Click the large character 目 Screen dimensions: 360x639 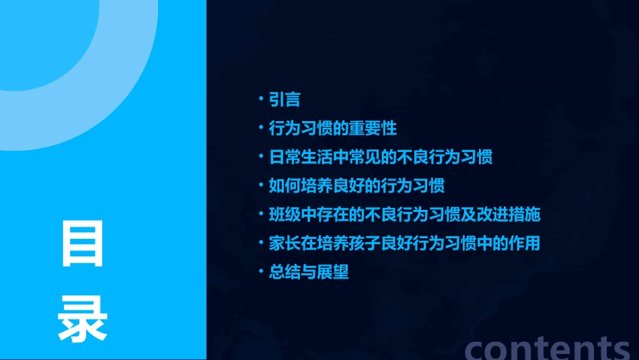pos(83,243)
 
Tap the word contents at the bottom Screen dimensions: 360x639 pos(547,348)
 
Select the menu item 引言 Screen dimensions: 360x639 pos(285,100)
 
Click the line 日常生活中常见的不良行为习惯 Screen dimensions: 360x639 pos(381,157)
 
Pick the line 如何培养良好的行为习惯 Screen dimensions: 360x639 pos(356,185)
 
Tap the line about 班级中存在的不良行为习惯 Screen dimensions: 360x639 pos(404,215)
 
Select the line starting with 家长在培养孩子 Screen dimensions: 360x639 pos(404,243)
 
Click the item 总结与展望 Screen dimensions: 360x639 pos(309,273)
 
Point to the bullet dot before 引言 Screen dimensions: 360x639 pos(261,99)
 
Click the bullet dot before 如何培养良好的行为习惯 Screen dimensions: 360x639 pos(261,184)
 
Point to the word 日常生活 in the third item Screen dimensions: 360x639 pos(293,157)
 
